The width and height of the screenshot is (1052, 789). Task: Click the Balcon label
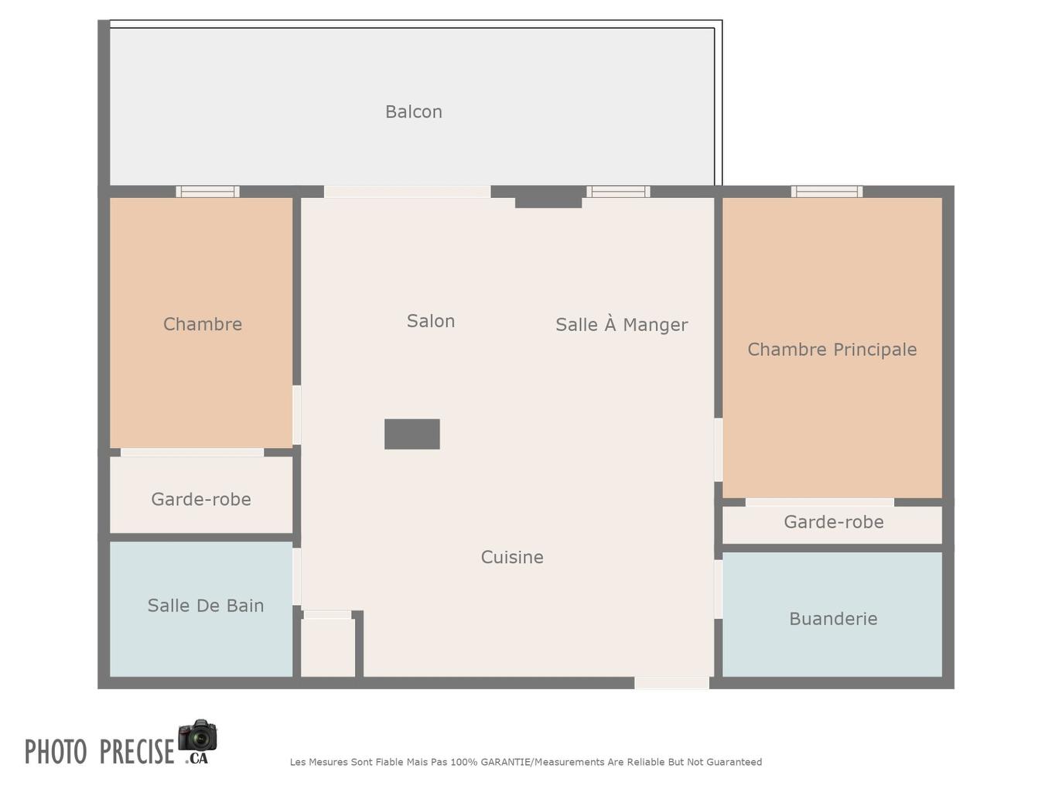(x=414, y=112)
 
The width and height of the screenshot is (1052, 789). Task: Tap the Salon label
(x=431, y=321)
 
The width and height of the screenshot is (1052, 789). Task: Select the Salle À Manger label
(x=621, y=325)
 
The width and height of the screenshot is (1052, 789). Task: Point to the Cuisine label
(x=512, y=557)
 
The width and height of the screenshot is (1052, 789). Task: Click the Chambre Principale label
(x=832, y=350)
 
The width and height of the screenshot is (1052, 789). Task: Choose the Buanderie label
(x=833, y=619)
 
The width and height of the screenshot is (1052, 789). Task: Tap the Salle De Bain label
(x=206, y=606)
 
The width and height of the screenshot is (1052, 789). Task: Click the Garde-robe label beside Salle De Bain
(x=201, y=500)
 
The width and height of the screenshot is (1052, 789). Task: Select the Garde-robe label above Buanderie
(x=833, y=522)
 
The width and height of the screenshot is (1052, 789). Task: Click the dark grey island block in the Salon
(x=412, y=434)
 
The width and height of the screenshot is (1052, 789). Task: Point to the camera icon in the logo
(x=197, y=735)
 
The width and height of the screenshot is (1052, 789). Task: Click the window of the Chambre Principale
(x=826, y=191)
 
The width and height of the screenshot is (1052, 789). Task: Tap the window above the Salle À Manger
(x=617, y=191)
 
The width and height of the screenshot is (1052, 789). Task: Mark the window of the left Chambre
(x=207, y=191)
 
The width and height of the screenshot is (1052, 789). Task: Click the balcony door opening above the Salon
(x=407, y=191)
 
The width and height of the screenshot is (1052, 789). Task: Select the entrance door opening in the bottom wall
(x=671, y=683)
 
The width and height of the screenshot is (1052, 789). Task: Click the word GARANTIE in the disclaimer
(x=506, y=762)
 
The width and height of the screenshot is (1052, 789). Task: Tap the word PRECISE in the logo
(x=137, y=752)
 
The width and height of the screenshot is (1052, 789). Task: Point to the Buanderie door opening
(x=718, y=589)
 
